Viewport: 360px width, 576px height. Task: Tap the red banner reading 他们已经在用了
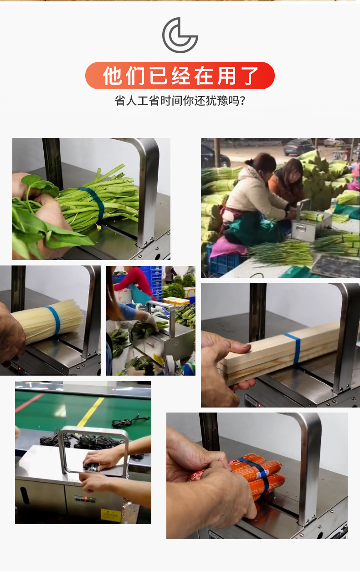tap(180, 76)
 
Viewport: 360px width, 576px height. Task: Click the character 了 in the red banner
tap(251, 76)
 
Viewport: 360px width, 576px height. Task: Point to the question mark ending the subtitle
tap(242, 101)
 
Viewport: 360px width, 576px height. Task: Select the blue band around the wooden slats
tap(294, 348)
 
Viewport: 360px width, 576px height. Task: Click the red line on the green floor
tap(29, 403)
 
